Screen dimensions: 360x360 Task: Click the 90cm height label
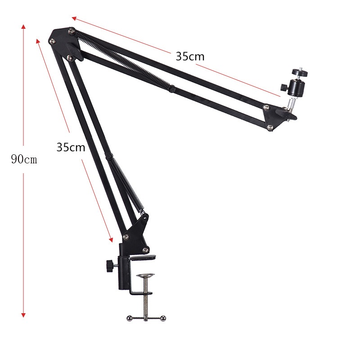click(24, 159)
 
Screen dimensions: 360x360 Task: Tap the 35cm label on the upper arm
click(190, 57)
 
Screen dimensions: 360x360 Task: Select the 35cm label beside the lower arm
click(71, 147)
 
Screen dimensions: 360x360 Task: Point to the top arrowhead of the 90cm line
click(23, 27)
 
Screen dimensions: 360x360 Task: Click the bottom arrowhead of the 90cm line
click(23, 315)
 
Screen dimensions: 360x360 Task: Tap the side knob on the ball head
click(283, 87)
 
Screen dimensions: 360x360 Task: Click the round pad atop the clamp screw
click(145, 275)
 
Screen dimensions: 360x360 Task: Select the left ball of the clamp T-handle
click(129, 318)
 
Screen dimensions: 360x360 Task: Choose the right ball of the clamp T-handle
click(163, 318)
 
